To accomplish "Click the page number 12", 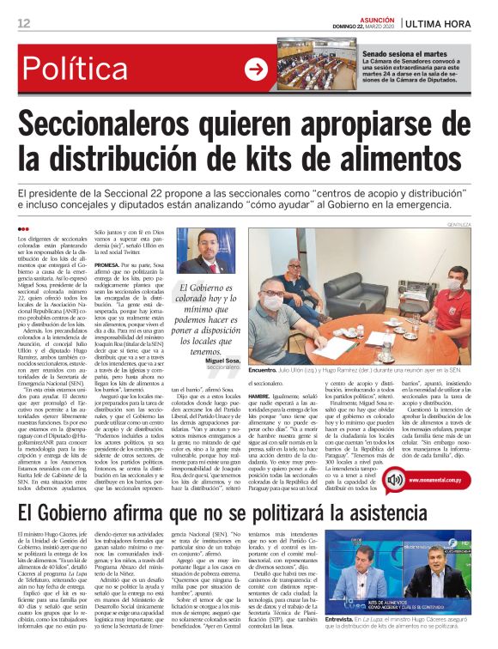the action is tap(23, 23).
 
